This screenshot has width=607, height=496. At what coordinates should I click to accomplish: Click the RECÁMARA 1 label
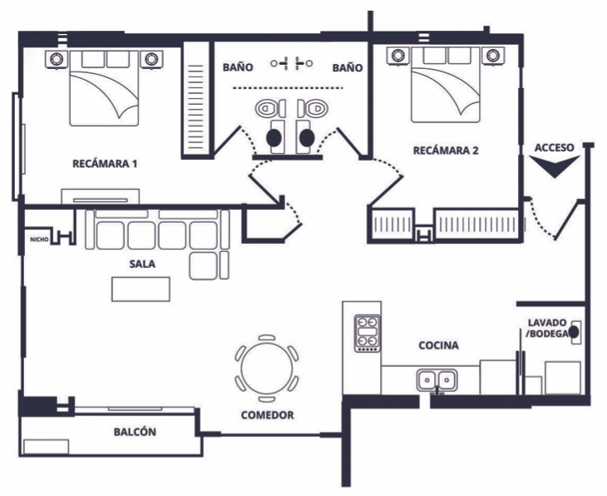coord(105,163)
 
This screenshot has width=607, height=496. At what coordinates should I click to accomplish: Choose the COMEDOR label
coord(267,414)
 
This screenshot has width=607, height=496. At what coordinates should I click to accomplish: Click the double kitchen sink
coord(437,381)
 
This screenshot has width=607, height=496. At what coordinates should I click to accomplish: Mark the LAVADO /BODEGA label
coord(547,327)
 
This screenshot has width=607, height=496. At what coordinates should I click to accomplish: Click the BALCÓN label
coord(135,432)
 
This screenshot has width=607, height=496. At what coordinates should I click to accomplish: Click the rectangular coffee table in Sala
coord(141,287)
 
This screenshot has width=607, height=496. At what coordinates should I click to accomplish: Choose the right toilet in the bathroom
coord(314,109)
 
